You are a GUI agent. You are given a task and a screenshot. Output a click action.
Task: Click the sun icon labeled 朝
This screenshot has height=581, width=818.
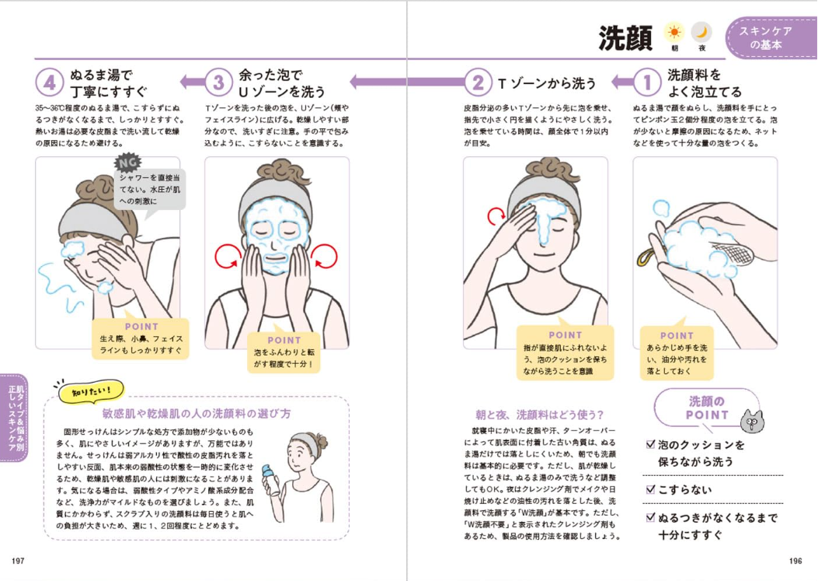(674, 33)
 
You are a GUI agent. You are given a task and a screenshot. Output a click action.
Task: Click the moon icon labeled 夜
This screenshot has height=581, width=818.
(701, 33)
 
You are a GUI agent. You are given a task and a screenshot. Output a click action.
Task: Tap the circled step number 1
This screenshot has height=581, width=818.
(647, 82)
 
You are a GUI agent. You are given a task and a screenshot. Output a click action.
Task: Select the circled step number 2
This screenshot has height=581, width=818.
(477, 82)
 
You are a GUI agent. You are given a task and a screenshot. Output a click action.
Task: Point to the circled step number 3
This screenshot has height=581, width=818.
(218, 82)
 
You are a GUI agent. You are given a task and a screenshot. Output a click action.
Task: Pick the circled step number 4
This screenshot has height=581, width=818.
(50, 82)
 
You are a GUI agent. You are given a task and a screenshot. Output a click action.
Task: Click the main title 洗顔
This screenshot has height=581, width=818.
(625, 38)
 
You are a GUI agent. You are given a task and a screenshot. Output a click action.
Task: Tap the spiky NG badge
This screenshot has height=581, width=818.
(127, 163)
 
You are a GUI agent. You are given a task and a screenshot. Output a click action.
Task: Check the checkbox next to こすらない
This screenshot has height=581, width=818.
(650, 489)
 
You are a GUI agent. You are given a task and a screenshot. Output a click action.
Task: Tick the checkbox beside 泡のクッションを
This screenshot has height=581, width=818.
(650, 445)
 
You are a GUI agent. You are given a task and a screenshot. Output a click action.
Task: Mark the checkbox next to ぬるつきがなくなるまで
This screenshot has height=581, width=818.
(650, 518)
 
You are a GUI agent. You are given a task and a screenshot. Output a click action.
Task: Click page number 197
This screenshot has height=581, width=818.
(18, 561)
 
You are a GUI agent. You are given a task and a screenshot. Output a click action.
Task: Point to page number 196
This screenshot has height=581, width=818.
(795, 561)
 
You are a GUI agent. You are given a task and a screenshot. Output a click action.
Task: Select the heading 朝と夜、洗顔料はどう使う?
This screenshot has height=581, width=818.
(539, 415)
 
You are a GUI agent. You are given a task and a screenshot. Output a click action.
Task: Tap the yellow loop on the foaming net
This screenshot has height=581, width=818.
(646, 257)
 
